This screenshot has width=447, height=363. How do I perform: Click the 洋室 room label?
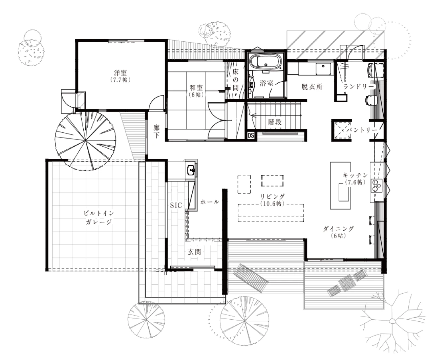(x=121, y=73)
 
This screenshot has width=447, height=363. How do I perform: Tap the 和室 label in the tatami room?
(x=196, y=87)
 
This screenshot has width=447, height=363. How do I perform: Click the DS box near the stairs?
(x=251, y=135)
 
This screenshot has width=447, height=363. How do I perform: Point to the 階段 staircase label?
(x=275, y=122)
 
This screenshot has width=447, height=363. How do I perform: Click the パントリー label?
(x=361, y=130)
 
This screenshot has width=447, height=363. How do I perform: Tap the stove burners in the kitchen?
(x=376, y=186)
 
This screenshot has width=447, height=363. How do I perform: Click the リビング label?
(x=273, y=197)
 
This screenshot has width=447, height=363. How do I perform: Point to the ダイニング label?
(x=339, y=229)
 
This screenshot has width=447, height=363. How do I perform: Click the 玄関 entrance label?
(x=194, y=252)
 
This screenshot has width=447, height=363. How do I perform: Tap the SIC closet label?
(x=176, y=206)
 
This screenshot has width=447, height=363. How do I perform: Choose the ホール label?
(x=210, y=202)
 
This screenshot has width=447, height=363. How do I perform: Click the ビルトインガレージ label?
(x=99, y=217)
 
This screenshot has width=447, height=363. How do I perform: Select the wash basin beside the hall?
(x=191, y=170)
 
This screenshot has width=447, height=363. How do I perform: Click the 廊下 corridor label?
(x=156, y=131)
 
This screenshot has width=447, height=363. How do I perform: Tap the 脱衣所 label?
(x=312, y=87)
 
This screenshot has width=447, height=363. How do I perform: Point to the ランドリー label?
(x=358, y=86)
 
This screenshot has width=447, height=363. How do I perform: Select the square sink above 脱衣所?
(x=323, y=68)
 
